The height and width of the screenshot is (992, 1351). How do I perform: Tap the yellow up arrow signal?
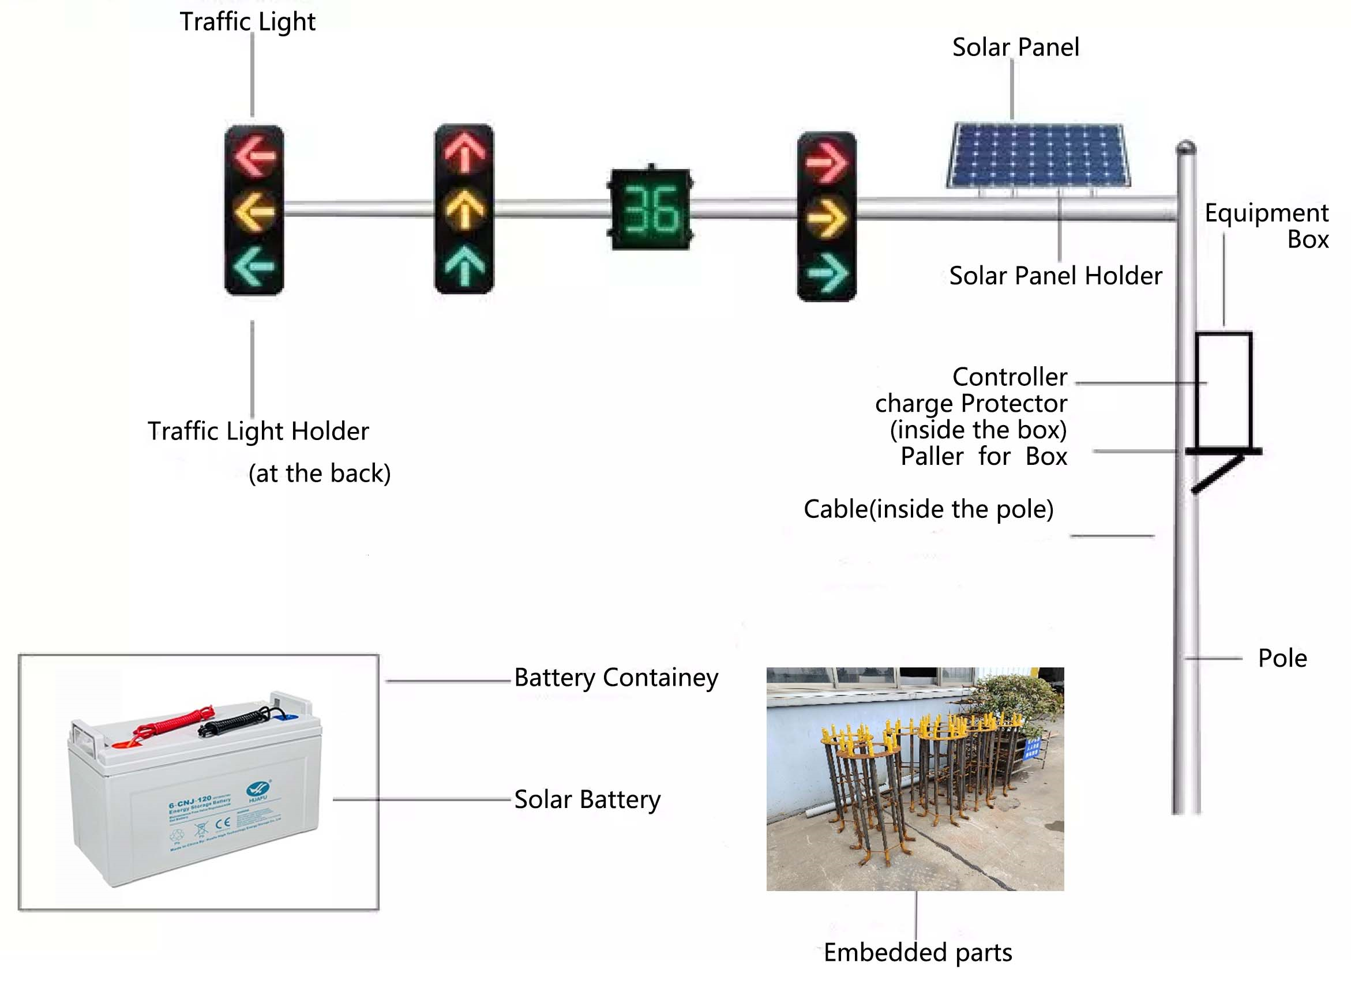click(x=465, y=210)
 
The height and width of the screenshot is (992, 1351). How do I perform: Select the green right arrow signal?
click(x=827, y=274)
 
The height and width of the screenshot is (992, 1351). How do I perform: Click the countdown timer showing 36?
click(x=651, y=208)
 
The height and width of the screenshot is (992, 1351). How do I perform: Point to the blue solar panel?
click(x=1038, y=155)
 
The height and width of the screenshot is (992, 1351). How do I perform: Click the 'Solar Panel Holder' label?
click(x=1055, y=276)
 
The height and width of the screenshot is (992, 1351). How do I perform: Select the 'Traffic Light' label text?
click(x=247, y=22)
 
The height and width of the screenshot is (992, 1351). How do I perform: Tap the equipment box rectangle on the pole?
click(x=1223, y=390)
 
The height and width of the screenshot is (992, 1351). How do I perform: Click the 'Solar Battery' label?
click(x=587, y=800)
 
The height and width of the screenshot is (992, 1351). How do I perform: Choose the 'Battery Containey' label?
click(x=616, y=678)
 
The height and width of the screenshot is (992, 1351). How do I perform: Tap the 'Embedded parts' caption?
click(x=917, y=952)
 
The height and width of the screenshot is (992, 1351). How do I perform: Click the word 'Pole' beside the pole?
click(x=1282, y=659)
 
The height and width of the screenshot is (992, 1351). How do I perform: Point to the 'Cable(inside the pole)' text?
click(x=928, y=509)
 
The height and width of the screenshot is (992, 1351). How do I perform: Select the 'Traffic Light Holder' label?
click(x=258, y=431)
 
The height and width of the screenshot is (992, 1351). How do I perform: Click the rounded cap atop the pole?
click(x=1185, y=146)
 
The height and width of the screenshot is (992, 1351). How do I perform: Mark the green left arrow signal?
click(x=255, y=266)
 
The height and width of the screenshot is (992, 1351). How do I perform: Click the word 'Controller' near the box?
click(x=1010, y=377)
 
